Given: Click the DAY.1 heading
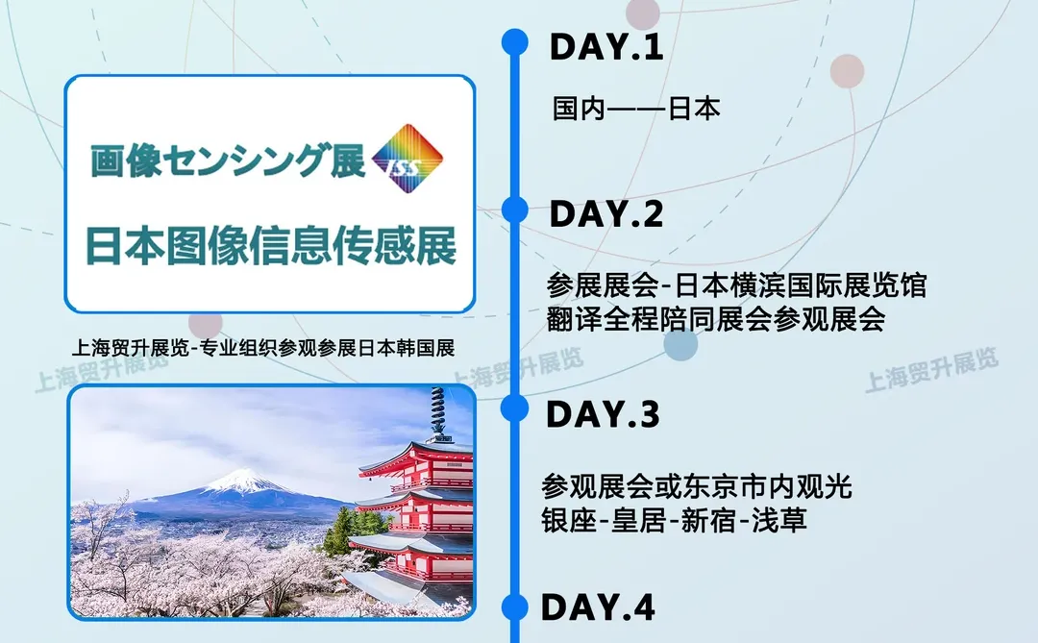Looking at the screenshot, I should tap(605, 48).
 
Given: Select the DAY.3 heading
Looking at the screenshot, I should tap(603, 414).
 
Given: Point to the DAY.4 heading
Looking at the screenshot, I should tap(598, 607).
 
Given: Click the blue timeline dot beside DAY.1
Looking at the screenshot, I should tap(516, 41).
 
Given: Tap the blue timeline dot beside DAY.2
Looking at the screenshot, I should tap(516, 210).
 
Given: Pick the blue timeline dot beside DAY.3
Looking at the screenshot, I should tap(516, 408).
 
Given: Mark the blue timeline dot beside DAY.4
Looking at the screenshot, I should tap(516, 606).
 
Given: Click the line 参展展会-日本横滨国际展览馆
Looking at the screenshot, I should tap(735, 285).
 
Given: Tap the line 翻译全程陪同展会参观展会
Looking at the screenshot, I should tap(715, 318).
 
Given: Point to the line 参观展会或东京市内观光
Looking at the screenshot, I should tap(696, 486).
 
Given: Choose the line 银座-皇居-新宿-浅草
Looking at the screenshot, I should tap(674, 520).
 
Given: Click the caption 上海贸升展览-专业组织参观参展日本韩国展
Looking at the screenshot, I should tap(262, 347).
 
